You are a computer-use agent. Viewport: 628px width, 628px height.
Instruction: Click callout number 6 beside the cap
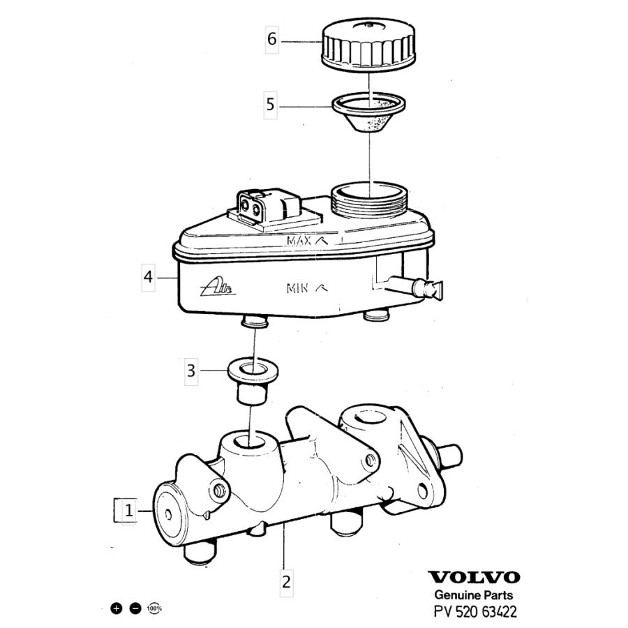pos(272,39)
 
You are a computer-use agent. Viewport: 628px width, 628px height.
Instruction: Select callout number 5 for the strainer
pos(270,105)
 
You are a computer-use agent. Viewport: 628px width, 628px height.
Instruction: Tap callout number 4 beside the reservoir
pos(148,276)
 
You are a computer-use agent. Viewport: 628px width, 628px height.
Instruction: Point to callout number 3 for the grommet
pos(191,371)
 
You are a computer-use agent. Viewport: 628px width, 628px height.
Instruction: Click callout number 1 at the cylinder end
pos(129,511)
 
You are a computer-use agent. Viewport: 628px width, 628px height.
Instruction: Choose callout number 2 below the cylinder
pos(286,581)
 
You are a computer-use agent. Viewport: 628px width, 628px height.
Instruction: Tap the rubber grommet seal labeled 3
pos(253,381)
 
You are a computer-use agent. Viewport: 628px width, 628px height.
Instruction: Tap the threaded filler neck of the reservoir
pos(370,200)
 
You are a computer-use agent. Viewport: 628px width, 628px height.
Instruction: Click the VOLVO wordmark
pos(474,577)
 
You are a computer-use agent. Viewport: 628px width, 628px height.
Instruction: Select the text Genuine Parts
pos(473,595)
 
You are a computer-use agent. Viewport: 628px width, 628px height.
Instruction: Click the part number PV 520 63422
pos(475,611)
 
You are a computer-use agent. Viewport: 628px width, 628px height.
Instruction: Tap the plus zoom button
pos(116,608)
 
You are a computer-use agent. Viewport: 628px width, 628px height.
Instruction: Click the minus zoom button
pos(135,608)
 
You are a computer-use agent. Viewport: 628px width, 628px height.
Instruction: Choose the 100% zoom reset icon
pos(155,608)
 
